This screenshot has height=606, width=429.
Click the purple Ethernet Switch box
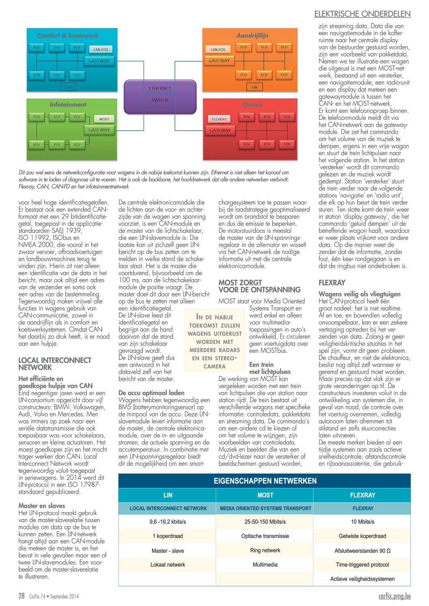(160, 96)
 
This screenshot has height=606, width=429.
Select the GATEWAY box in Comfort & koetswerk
(99, 61)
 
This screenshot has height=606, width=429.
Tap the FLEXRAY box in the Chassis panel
(219, 119)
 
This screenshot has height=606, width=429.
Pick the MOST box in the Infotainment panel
(104, 119)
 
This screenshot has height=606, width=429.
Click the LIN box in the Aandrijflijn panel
(254, 87)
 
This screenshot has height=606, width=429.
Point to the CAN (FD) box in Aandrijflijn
(218, 49)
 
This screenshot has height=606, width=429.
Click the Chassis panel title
(252, 105)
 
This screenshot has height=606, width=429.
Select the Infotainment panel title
(68, 105)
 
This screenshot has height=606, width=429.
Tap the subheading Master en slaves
(42, 506)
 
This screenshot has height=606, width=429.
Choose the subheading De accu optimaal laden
(151, 393)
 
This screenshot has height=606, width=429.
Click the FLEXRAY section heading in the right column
(332, 283)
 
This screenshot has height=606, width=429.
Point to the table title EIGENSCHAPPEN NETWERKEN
(265, 481)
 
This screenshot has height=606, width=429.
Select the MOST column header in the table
(265, 495)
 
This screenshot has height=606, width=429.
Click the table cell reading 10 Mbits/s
(363, 522)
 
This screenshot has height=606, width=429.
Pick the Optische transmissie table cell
(265, 536)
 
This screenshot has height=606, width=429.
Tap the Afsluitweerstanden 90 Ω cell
(363, 551)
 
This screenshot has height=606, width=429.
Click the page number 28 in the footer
(21, 596)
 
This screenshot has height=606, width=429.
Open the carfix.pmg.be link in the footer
(394, 596)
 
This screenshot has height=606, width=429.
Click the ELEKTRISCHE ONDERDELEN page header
(362, 14)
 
